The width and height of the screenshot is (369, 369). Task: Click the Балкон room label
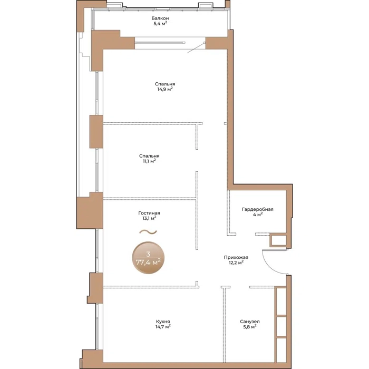coord(160,18)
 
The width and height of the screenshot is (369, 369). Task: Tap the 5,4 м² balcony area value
coord(160,24)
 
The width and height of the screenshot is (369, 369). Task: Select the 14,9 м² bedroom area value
coord(165,89)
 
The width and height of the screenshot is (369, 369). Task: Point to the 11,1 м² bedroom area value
coord(149,161)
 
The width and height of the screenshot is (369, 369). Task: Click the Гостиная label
coord(149,213)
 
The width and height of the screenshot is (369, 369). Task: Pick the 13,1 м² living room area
coord(149,218)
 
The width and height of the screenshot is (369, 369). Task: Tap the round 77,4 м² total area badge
coord(148,258)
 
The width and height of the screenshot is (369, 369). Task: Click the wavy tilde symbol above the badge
coord(148,232)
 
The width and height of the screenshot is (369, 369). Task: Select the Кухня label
coord(163,322)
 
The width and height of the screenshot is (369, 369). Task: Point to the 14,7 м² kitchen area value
coord(163,327)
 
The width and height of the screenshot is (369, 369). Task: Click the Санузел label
coord(250,322)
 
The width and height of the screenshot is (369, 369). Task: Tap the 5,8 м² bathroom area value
coord(250,327)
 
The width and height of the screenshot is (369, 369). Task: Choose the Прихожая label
coord(236,257)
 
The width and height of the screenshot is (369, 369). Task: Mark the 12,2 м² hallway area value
coord(236,263)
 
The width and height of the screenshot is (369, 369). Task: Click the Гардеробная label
coord(257,209)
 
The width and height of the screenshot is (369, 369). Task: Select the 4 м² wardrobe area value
coord(258,215)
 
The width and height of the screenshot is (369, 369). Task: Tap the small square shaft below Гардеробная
coord(278,240)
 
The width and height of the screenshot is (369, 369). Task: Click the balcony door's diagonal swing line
coord(196,48)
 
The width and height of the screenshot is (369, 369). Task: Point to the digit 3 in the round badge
coord(148,254)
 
